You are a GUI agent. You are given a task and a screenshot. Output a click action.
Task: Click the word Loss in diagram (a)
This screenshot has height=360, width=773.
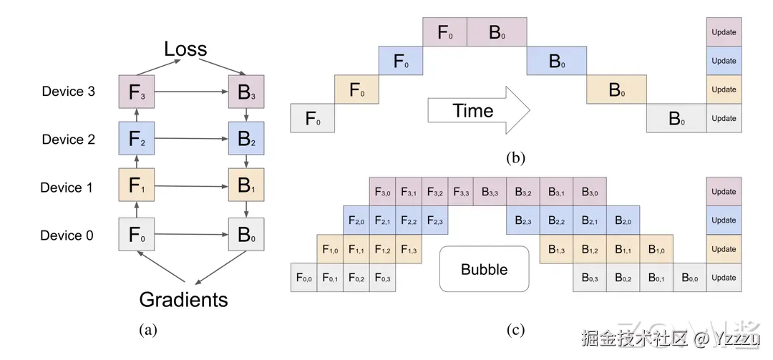pos(185,49)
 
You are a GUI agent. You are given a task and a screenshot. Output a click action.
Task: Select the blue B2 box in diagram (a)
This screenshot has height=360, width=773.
pos(246,139)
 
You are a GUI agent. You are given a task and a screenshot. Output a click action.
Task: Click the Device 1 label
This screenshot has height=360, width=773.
pos(67,188)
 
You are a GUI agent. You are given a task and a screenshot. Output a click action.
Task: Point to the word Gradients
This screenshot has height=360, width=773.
pos(183,299)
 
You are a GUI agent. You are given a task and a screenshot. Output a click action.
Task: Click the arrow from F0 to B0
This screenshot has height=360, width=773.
pos(190,235)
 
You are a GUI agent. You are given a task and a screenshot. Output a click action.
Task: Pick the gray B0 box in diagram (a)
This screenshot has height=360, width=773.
pos(246,235)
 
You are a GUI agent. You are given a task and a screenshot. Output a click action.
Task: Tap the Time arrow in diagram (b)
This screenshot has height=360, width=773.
pos(478,111)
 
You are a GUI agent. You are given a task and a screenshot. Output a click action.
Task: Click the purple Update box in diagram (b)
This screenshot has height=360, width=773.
pos(724,32)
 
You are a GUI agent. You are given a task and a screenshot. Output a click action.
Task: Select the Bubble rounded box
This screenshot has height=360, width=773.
pos(484,270)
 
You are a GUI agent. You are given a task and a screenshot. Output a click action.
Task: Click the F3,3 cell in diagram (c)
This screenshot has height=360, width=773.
pos(460,192)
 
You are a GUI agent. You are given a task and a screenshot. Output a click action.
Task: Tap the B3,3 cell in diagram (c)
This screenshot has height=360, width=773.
pos(490,192)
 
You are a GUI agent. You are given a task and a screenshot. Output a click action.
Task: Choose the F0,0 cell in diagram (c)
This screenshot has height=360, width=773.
pos(303,278)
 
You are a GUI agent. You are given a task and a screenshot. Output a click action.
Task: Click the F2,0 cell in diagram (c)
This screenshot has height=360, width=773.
pos(356,220)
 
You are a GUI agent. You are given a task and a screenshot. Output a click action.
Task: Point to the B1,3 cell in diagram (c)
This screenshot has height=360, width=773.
pos(555,249)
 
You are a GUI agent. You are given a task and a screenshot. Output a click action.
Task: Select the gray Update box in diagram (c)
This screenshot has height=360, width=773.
pos(724,278)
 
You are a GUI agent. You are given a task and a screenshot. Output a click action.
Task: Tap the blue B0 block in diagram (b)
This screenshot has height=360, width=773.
pos(557,61)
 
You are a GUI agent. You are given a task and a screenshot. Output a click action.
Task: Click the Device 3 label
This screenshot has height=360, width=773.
pos(68,92)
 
